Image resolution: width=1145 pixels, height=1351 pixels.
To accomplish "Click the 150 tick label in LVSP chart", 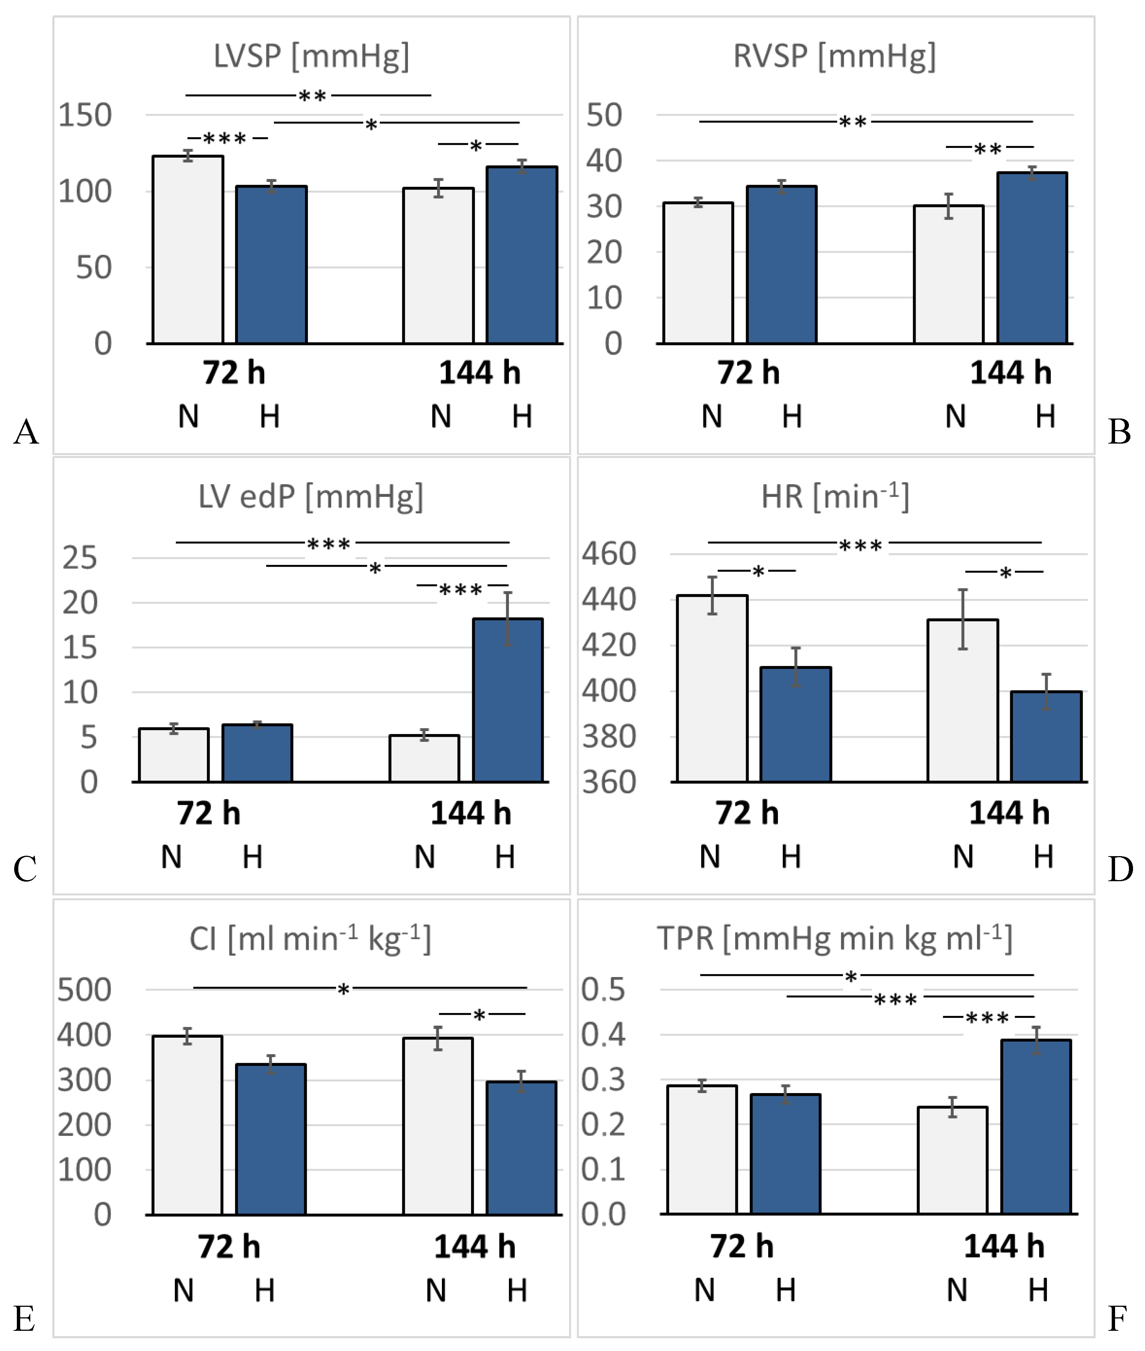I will point(85,116).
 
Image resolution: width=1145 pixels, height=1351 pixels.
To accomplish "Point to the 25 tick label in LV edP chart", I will point(80,558).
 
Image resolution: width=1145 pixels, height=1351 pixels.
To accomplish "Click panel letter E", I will point(25,1318).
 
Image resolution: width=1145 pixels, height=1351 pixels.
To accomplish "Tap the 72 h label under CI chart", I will point(229,1247).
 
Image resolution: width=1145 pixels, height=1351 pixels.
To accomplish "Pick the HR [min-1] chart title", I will point(835,497).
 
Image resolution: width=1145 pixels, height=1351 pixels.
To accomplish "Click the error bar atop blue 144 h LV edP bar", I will point(508,618).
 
